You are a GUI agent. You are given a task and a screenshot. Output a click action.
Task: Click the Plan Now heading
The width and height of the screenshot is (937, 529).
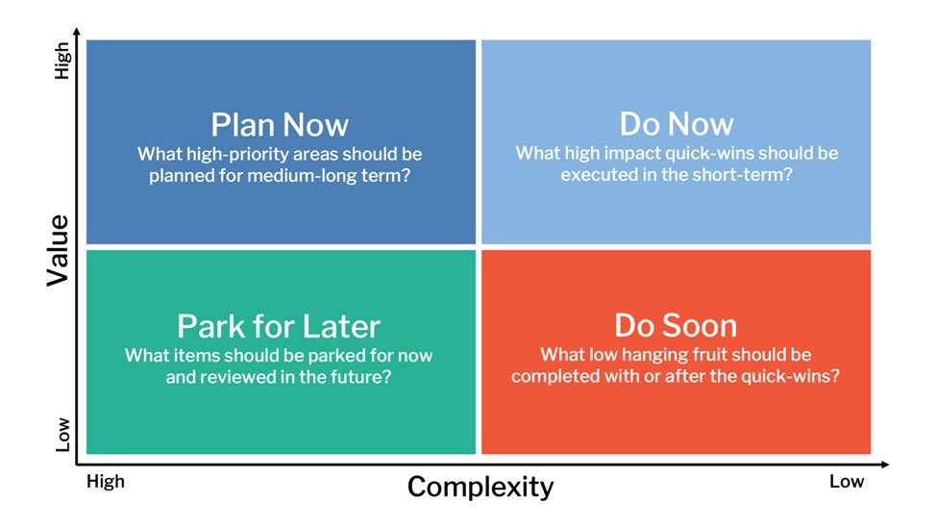[280, 125]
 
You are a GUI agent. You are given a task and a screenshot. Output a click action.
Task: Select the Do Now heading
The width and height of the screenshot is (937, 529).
[677, 124]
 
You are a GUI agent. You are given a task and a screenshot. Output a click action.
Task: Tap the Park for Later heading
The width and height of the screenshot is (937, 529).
[279, 326]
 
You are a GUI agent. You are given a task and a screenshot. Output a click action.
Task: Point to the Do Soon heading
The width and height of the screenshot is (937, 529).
[676, 326]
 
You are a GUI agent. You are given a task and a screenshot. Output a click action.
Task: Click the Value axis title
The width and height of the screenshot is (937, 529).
[59, 250]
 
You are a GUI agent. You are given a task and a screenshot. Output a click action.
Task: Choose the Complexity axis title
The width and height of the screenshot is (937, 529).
[481, 487]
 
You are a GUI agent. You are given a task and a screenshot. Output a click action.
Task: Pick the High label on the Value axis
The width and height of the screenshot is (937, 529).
[62, 61]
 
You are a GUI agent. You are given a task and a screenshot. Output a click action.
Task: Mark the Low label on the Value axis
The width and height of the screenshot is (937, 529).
[62, 435]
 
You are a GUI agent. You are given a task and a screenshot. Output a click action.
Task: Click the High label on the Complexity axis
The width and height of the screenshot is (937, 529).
[106, 481]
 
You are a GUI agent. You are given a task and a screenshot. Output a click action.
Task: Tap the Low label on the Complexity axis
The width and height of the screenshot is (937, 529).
[847, 481]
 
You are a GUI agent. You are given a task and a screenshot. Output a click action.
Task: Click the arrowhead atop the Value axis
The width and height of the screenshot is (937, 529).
[77, 31]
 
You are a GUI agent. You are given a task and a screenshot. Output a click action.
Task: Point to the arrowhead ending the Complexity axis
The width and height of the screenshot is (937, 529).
[885, 465]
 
